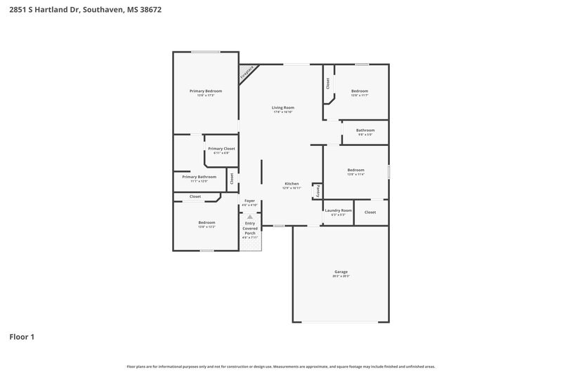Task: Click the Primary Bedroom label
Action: (205, 91)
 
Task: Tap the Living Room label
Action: (282, 107)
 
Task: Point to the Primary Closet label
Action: (221, 149)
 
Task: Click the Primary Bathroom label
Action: (199, 177)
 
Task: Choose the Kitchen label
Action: (292, 184)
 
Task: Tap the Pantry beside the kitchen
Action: (317, 190)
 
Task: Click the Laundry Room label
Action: (337, 211)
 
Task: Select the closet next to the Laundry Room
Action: (370, 212)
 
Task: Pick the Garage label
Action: (341, 272)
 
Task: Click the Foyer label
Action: (249, 201)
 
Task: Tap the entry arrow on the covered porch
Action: (250, 218)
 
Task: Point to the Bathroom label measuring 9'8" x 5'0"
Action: (365, 130)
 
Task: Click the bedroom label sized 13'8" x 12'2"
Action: (206, 222)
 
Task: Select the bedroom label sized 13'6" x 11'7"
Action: (360, 91)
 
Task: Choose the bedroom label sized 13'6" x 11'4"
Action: (355, 170)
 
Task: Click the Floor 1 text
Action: (22, 337)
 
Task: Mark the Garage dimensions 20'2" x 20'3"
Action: (341, 276)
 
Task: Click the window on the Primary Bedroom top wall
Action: (205, 51)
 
